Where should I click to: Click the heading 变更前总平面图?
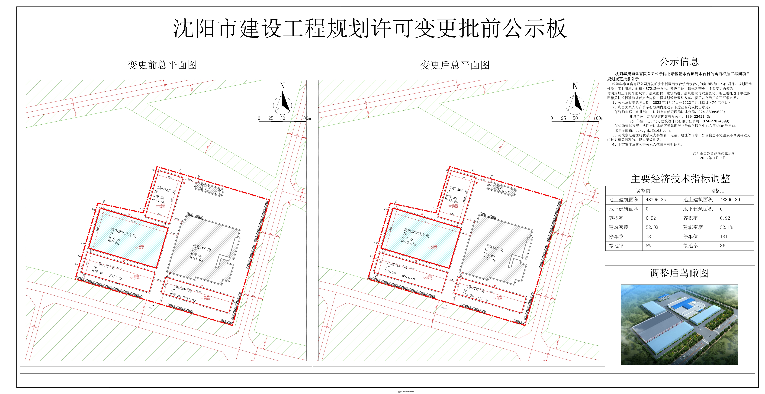pos(162,65)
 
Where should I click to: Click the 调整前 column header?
pos(643,191)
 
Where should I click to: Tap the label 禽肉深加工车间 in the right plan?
pos(417,232)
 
